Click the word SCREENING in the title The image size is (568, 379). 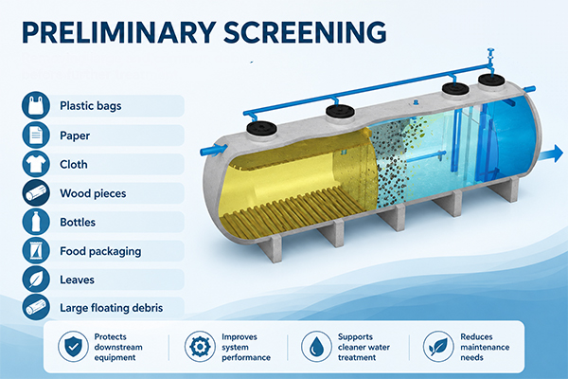click(305, 32)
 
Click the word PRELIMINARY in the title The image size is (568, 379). click(119, 32)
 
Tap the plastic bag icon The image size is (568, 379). click(36, 105)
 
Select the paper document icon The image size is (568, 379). click(36, 135)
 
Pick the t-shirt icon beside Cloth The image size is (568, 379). click(36, 164)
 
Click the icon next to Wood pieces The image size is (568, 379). click(36, 193)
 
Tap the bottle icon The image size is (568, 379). click(36, 222)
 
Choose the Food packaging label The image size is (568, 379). click(100, 251)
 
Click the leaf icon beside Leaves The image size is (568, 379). click(36, 280)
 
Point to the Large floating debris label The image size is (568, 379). click(111, 308)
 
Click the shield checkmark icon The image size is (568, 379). click(73, 347)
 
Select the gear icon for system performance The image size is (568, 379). click(200, 347)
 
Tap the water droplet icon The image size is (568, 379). click(316, 347)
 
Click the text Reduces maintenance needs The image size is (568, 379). click(485, 347)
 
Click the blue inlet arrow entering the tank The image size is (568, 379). click(214, 150)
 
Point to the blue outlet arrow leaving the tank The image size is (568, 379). click(551, 153)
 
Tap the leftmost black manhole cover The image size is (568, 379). click(262, 127)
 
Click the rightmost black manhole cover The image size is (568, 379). click(491, 81)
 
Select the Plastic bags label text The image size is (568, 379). click(91, 106)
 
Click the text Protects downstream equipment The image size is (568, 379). click(118, 347)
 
